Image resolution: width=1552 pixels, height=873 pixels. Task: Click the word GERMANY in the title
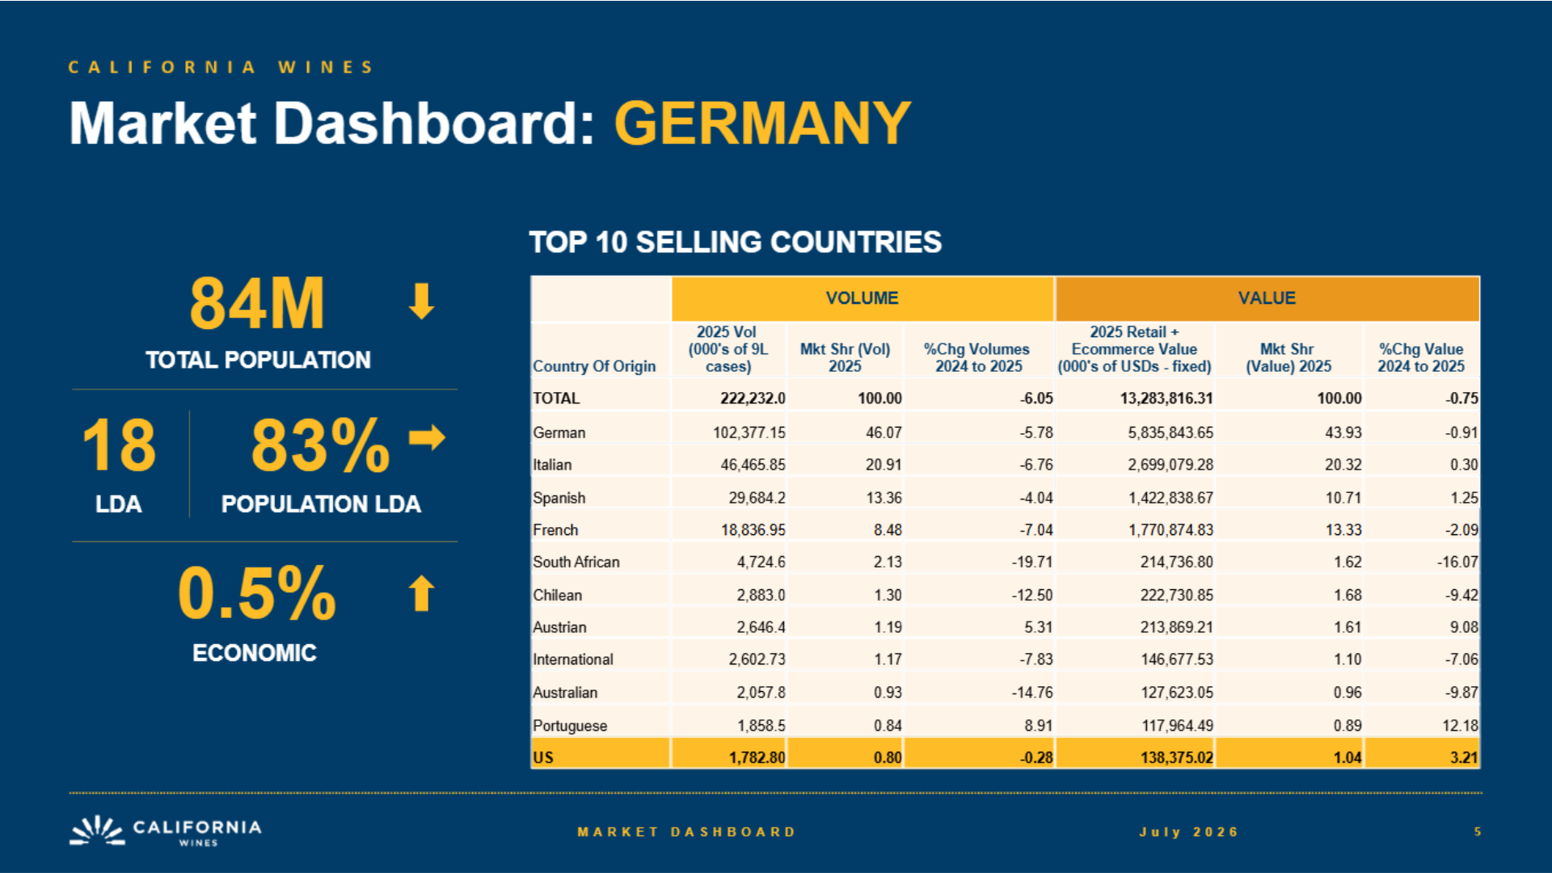pyautogui.click(x=762, y=124)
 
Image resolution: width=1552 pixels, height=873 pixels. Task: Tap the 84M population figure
pyautogui.click(x=257, y=304)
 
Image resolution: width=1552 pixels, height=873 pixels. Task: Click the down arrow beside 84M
pyautogui.click(x=421, y=301)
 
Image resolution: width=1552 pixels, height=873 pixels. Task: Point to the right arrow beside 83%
pyautogui.click(x=427, y=437)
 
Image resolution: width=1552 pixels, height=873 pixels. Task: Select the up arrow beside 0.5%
pyautogui.click(x=421, y=593)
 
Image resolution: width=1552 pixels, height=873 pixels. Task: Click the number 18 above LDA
pyautogui.click(x=119, y=445)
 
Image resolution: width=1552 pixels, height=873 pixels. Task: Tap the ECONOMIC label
pyautogui.click(x=255, y=652)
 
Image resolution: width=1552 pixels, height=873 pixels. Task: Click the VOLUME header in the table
pyautogui.click(x=862, y=298)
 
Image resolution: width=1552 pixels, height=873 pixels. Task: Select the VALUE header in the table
pyautogui.click(x=1267, y=298)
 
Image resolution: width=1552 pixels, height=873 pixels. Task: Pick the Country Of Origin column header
pyautogui.click(x=594, y=366)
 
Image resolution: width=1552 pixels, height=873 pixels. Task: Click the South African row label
pyautogui.click(x=576, y=562)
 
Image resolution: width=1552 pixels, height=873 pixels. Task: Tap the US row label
pyautogui.click(x=543, y=757)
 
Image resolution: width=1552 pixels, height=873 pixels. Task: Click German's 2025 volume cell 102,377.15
pyautogui.click(x=749, y=432)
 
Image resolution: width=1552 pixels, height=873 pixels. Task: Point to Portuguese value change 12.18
pyautogui.click(x=1460, y=726)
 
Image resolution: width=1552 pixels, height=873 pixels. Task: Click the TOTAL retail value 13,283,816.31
pyautogui.click(x=1166, y=399)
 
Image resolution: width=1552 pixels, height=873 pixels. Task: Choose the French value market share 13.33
pyautogui.click(x=1343, y=530)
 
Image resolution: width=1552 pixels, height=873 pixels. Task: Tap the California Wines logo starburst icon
pyautogui.click(x=97, y=831)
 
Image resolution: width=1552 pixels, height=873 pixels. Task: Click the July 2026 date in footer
pyautogui.click(x=1189, y=832)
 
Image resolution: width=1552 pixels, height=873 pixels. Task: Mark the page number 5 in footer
pyautogui.click(x=1478, y=832)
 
